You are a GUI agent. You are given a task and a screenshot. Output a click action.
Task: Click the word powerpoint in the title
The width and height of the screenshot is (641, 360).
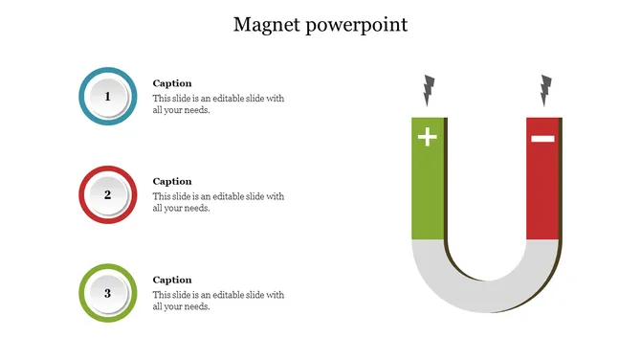356,26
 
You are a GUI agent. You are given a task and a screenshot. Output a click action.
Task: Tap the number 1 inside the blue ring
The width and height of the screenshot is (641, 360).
108,97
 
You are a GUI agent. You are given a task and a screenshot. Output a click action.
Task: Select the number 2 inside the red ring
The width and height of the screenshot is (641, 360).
108,195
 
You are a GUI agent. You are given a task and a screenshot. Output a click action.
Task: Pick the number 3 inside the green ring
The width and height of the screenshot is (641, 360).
108,293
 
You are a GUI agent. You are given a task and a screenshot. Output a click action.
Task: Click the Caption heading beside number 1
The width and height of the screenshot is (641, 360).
172,83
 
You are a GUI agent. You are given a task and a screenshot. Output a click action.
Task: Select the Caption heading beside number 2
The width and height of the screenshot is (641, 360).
172,181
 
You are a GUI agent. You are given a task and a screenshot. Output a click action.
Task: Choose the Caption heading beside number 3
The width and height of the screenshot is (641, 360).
172,280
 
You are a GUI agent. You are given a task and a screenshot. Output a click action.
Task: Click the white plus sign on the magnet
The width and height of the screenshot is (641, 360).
428,138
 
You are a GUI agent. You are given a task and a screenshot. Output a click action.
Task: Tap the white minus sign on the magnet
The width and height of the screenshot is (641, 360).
542,139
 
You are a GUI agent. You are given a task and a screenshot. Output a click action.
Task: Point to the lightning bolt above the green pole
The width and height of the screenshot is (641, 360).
428,90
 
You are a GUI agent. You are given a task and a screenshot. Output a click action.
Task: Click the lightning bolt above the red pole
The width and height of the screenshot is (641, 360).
546,90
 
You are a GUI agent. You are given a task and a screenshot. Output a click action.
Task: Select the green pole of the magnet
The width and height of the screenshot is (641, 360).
428,191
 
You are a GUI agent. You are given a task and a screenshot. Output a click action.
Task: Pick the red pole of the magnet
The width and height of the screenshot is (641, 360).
542,191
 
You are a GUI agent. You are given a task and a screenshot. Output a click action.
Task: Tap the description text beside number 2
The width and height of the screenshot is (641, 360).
218,202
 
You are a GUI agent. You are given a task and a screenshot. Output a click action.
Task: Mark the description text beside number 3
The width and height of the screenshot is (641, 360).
218,301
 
